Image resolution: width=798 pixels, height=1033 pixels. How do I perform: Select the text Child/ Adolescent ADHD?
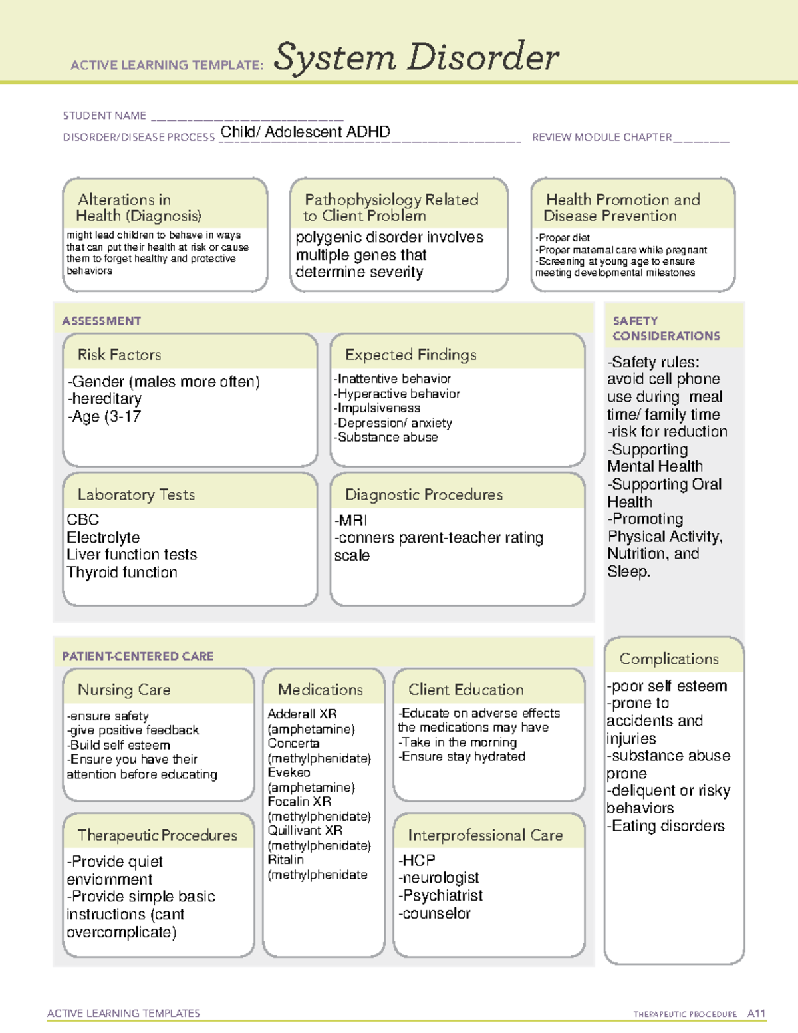(305, 132)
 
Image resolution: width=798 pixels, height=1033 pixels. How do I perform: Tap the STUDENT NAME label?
(104, 116)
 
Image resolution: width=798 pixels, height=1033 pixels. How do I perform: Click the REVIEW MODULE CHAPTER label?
(602, 137)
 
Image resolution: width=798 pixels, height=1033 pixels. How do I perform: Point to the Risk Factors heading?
(120, 355)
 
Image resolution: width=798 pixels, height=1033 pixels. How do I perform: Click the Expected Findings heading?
(411, 355)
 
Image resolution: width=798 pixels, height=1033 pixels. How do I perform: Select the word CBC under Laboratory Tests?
(83, 519)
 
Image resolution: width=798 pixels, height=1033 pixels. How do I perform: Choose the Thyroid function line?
(122, 572)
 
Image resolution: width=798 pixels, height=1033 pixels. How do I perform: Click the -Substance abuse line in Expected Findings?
(386, 437)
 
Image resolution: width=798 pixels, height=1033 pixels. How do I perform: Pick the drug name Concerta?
(293, 743)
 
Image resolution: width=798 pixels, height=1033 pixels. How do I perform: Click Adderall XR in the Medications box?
(302, 714)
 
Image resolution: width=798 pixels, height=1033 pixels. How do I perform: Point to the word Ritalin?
(285, 859)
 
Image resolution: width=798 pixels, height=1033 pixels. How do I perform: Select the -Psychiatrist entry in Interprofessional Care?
(440, 895)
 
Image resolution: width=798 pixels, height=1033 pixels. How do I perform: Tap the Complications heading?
(669, 659)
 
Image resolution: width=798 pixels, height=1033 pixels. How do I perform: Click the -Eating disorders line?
(665, 825)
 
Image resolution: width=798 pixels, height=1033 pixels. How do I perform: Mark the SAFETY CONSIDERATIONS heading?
(666, 328)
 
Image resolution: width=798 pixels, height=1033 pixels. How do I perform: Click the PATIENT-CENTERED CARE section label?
(138, 656)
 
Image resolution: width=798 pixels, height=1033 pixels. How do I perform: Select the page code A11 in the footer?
(756, 1013)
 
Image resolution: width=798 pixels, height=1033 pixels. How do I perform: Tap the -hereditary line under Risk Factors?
(104, 399)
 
